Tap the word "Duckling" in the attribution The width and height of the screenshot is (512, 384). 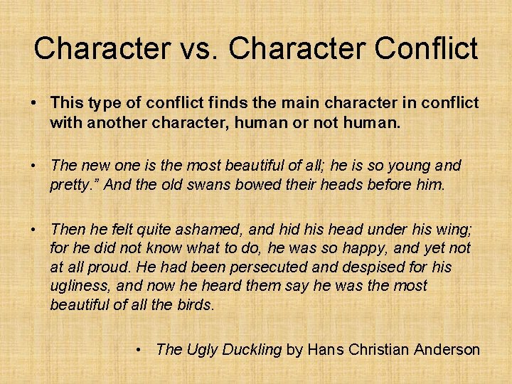tap(253, 350)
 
